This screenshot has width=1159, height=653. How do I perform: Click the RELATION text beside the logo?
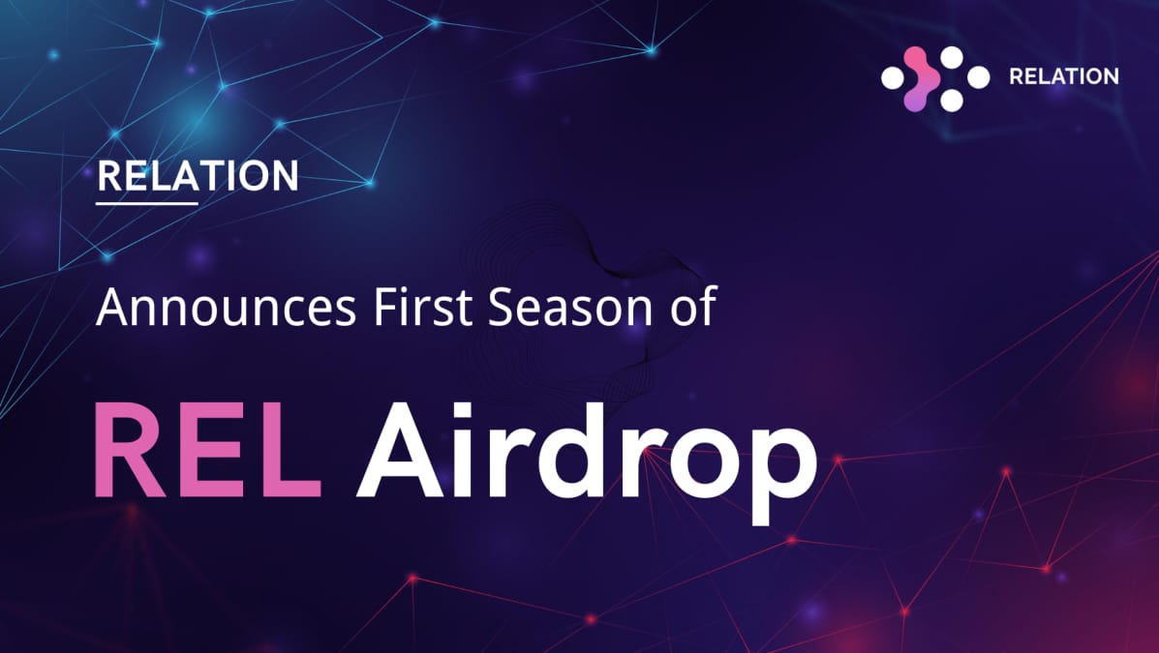tap(1063, 76)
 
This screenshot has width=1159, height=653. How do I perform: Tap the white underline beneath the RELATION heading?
tap(147, 203)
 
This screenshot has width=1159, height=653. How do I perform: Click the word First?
tap(429, 308)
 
